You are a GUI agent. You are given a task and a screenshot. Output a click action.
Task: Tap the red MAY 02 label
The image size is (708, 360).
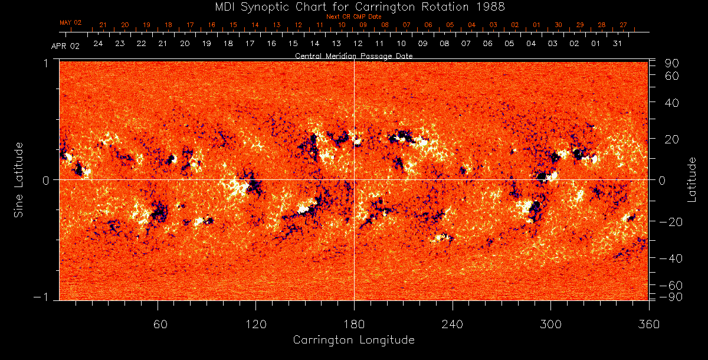(x=70, y=22)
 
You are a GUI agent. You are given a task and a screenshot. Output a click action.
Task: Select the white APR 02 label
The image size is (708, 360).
(x=65, y=46)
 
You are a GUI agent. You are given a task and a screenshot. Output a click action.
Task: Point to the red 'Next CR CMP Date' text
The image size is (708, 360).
(x=354, y=17)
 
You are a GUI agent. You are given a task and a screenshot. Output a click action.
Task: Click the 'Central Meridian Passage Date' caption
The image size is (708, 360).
(x=354, y=55)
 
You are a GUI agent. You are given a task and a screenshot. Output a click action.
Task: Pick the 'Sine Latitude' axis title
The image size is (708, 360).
(x=19, y=179)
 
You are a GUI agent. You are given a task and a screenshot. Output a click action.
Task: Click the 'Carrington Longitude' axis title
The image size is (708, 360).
(x=354, y=340)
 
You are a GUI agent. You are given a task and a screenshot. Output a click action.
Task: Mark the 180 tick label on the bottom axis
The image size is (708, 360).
(x=355, y=323)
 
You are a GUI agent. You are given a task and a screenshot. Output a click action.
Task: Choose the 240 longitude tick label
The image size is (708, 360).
(x=453, y=323)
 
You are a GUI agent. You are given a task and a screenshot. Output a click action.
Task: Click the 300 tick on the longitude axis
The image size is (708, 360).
(x=551, y=323)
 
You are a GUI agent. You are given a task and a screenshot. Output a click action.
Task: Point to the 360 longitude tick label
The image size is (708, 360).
(x=649, y=323)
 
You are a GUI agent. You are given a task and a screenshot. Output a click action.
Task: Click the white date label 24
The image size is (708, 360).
(x=98, y=44)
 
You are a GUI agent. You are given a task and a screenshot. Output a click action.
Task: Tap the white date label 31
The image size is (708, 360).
(x=617, y=44)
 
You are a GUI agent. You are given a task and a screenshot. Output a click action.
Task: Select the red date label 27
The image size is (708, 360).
(x=624, y=25)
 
